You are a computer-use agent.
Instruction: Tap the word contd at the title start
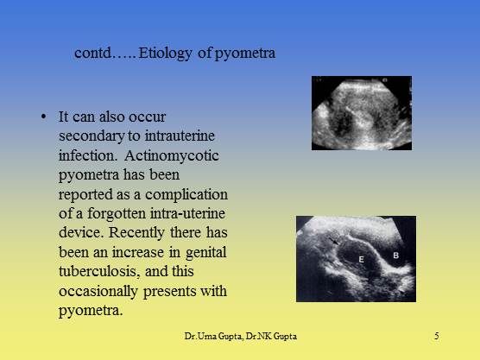94,54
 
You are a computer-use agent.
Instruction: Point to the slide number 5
438,334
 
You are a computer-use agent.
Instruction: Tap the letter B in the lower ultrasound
395,256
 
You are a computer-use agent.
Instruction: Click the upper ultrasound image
361,112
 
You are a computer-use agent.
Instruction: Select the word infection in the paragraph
87,156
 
